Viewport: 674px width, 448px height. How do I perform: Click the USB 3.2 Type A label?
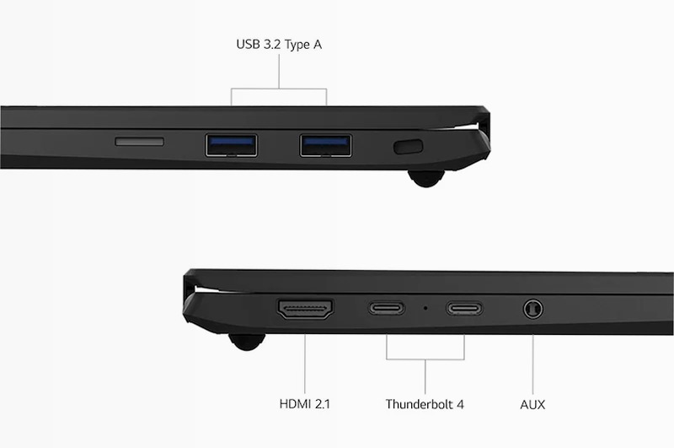pyautogui.click(x=279, y=45)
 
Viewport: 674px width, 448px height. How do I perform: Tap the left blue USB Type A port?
pyautogui.click(x=231, y=145)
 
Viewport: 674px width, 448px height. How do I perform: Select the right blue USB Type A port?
pyautogui.click(x=326, y=145)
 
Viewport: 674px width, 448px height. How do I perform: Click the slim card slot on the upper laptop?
pyautogui.click(x=139, y=142)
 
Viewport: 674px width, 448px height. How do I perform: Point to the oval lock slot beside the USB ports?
pyautogui.click(x=409, y=146)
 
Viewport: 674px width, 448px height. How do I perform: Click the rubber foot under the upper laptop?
pyautogui.click(x=426, y=178)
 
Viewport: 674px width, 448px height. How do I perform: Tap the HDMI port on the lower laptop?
pyautogui.click(x=305, y=310)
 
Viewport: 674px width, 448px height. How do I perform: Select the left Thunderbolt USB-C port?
pyautogui.click(x=387, y=308)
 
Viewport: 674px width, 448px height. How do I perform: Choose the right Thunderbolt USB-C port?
pyautogui.click(x=464, y=308)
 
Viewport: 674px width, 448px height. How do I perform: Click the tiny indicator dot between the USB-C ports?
pyautogui.click(x=425, y=308)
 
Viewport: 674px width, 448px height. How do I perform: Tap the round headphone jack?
pyautogui.click(x=533, y=309)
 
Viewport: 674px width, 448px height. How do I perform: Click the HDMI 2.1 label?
pyautogui.click(x=305, y=404)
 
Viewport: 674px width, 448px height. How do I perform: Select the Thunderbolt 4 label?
pyautogui.click(x=425, y=404)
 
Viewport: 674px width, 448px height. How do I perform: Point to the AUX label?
pyautogui.click(x=532, y=404)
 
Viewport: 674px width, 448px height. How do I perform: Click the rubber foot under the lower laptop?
pyautogui.click(x=247, y=342)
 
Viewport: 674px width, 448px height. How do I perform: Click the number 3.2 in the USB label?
pyautogui.click(x=271, y=45)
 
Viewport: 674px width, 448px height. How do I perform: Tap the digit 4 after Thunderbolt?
pyautogui.click(x=460, y=404)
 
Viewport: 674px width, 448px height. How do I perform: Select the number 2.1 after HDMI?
pyautogui.click(x=322, y=404)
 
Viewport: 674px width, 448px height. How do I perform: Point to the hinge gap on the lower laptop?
pyautogui.click(x=207, y=289)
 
